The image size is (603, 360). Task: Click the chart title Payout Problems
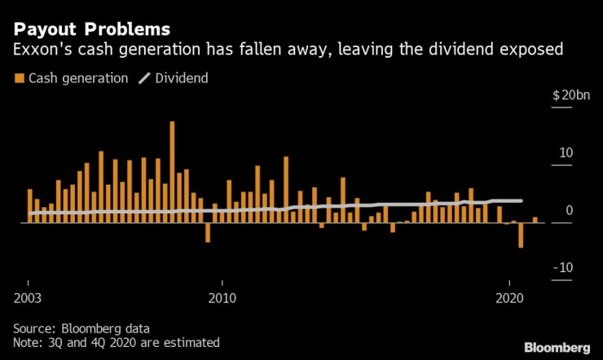pos(91,29)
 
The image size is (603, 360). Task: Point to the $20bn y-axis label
pos(571,96)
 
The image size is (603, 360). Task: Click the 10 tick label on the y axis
pos(566,153)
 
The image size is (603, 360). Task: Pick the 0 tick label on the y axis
pos(570,211)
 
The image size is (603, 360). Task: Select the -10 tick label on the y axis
pos(564,268)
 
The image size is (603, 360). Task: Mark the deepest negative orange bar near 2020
pos(521,235)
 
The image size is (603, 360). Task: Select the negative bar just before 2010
pos(208,232)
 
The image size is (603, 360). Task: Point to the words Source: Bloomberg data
pos(81,328)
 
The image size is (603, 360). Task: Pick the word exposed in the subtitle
pos(535,50)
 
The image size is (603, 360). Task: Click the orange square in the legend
pos(18,79)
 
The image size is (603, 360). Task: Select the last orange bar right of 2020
pos(535,219)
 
